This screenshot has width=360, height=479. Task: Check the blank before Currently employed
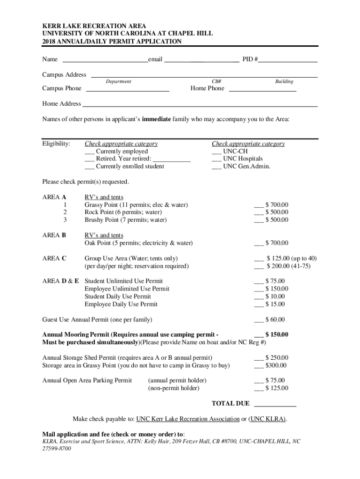pyautogui.click(x=89, y=152)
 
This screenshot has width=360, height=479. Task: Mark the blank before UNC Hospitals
pyautogui.click(x=216, y=160)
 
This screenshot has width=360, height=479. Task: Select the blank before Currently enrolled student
pyautogui.click(x=89, y=167)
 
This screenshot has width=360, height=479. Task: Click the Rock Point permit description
pyautogui.click(x=123, y=212)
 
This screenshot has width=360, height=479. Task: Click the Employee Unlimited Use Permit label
pyautogui.click(x=127, y=289)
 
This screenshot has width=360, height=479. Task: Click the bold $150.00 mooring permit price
pyautogui.click(x=276, y=334)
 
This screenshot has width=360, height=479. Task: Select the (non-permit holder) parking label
pyautogui.click(x=173, y=388)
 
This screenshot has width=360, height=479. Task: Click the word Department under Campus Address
pyautogui.click(x=118, y=81)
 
